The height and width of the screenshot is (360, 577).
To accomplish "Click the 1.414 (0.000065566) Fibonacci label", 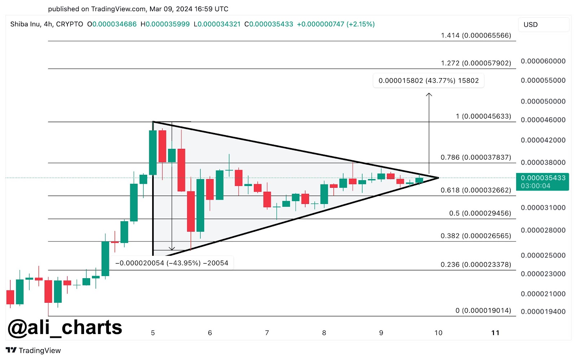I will point(476,35).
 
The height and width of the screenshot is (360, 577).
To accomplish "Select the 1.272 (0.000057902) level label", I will point(476,63).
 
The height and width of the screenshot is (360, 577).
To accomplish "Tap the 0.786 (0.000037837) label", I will point(476,157).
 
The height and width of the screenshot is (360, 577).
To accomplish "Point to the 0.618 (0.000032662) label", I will point(476,190).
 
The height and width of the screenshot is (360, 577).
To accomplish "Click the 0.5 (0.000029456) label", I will point(480,213).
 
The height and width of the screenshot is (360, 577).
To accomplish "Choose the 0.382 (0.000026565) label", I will point(476,236).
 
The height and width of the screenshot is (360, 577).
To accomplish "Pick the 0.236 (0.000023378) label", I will point(476,265).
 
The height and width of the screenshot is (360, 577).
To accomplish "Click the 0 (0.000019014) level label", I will point(483,310).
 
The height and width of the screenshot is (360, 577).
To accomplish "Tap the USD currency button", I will point(543,25).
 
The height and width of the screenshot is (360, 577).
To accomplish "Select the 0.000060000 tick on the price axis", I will point(543,61).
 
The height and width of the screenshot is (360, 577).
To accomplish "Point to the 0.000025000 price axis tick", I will point(543,255).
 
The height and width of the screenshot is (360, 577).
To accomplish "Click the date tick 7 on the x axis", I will point(267,333).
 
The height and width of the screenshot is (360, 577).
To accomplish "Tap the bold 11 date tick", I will point(495,333).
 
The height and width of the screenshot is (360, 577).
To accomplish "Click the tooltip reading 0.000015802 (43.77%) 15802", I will point(428,81).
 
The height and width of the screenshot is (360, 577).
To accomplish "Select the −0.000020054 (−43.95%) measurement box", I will point(172,263).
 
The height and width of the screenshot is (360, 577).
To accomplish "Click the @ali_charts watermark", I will point(65,327).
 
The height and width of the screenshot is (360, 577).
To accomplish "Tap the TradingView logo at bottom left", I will point(33,350).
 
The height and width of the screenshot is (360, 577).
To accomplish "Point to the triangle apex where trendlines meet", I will point(438,178).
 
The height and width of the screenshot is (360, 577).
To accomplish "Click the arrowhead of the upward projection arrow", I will point(429,94).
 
